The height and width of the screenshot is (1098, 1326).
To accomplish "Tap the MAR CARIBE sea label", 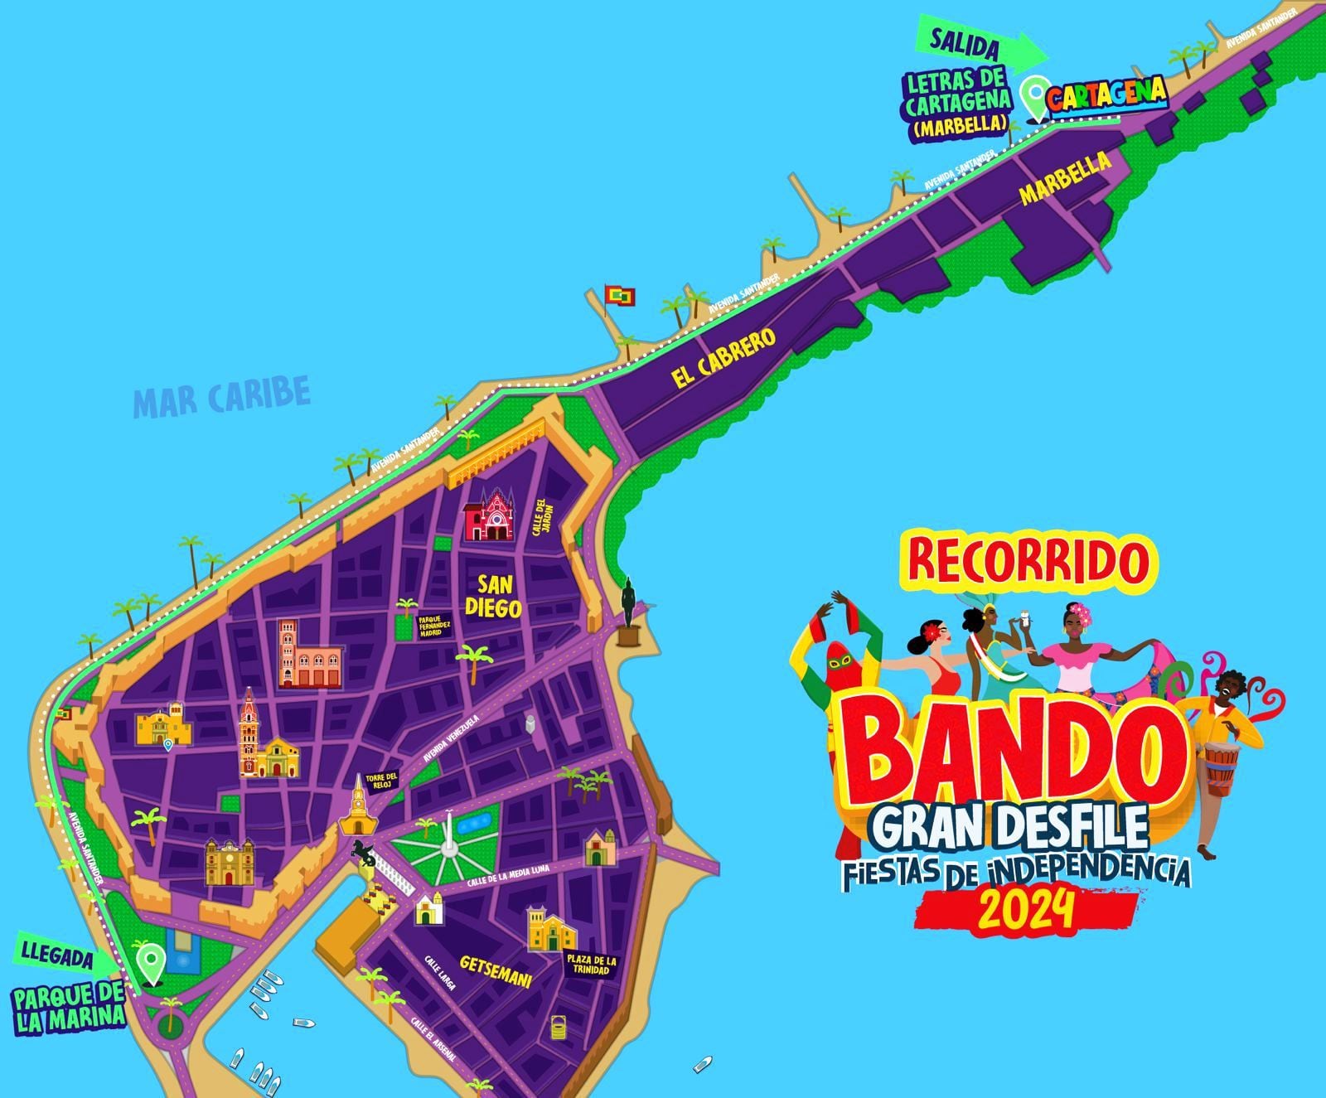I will (221, 396).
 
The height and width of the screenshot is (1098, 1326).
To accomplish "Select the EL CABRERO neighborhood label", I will (724, 358).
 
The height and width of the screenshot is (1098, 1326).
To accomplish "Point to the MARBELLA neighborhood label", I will (1066, 177).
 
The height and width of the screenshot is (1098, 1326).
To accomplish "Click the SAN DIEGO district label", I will (493, 596).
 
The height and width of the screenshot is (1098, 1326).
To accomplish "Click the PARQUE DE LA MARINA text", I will (70, 1007).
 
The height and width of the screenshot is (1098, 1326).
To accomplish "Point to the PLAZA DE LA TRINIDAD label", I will (592, 965).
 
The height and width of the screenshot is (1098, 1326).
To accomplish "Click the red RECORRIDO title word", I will (1028, 561).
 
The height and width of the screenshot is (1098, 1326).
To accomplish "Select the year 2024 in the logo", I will (1027, 909).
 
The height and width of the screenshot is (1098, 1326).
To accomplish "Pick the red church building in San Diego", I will (488, 515).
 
